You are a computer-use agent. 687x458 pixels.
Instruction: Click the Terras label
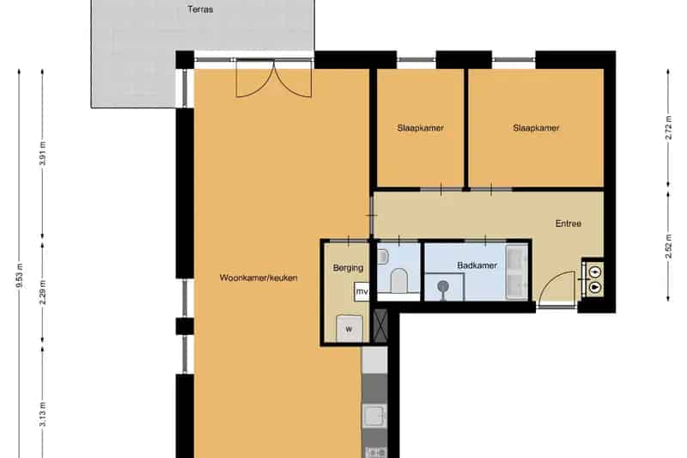click(200, 9)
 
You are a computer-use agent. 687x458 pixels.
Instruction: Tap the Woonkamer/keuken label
click(258, 278)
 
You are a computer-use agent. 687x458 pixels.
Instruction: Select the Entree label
click(568, 223)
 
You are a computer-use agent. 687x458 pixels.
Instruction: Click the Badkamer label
click(477, 266)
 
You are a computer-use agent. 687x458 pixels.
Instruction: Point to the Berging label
click(348, 268)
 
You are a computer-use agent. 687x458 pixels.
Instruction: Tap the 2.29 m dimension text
click(42, 292)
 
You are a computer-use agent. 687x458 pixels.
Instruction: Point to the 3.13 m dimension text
click(42, 414)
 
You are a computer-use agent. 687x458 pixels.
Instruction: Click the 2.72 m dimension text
click(668, 127)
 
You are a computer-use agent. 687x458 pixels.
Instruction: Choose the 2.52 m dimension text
click(668, 247)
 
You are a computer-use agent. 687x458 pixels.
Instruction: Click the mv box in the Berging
click(362, 292)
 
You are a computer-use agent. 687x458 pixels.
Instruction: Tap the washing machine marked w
click(350, 329)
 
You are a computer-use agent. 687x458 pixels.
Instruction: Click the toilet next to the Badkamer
click(398, 280)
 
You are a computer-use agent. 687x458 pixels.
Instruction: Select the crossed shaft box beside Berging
click(380, 326)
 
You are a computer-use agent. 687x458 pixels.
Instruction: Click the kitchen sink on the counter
click(374, 415)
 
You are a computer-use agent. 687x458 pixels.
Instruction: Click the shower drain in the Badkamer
click(443, 287)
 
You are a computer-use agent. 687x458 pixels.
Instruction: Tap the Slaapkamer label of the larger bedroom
click(536, 128)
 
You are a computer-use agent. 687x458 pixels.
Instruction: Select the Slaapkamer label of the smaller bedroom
click(420, 128)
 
